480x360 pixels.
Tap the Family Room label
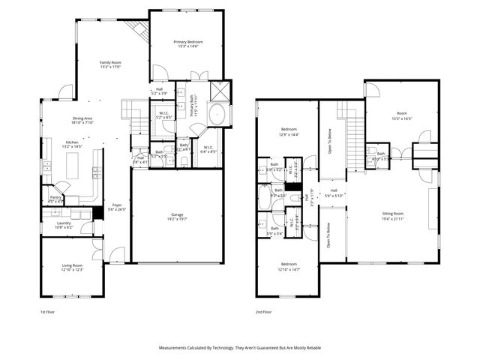pos(111,64)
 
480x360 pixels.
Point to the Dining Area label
pos(82,120)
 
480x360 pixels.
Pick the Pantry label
pos(55,199)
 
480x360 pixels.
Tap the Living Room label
pos(72,268)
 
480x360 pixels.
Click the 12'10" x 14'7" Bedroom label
pos(289,266)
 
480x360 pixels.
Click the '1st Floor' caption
pos(49,311)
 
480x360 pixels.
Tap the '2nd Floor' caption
pos(263,311)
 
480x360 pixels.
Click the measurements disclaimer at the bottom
pos(239,348)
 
